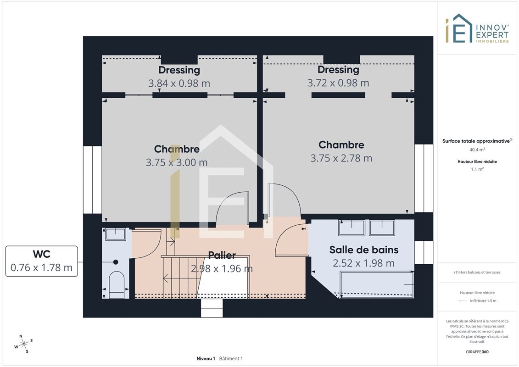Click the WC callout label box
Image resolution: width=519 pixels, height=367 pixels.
coord(42,261)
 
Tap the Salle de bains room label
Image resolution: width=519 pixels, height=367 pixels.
coord(364,250)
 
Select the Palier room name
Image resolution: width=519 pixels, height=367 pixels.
coord(222,255)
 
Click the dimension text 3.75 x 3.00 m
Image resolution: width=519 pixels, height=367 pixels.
coord(177,162)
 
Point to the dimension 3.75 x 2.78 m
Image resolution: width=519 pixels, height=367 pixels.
coord(341,158)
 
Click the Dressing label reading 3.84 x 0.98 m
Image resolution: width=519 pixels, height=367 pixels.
coord(179,70)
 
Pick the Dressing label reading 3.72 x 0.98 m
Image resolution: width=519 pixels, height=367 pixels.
coord(338,69)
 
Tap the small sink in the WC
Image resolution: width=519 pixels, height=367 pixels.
coord(116,234)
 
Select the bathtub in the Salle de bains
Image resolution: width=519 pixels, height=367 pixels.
coord(377,284)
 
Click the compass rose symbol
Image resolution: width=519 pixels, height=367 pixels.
coord(23,344)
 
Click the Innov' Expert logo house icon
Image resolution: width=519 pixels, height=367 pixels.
coord(459,28)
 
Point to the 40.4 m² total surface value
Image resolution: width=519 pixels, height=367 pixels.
coord(477,150)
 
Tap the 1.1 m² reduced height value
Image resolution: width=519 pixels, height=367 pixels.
coord(477,169)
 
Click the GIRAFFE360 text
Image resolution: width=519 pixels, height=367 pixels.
coord(477,352)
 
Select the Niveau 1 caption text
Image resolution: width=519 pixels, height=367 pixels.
coord(206,358)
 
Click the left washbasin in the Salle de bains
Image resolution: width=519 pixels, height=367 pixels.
coord(352,228)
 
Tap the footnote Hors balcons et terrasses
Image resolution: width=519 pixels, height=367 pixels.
coord(477,272)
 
